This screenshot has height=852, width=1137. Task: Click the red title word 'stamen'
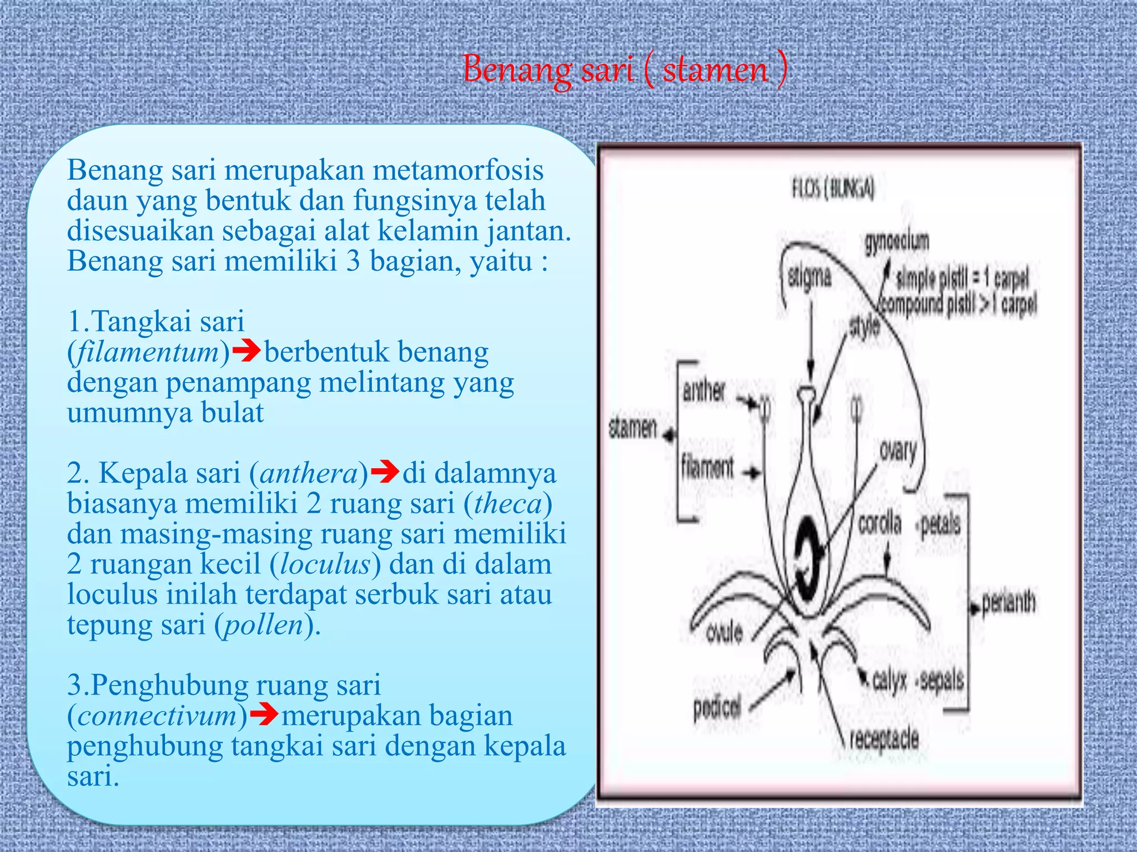pos(716,70)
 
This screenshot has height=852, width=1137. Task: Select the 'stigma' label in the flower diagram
pos(810,277)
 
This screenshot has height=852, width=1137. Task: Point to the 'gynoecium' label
pos(896,242)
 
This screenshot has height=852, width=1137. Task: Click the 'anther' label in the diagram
pos(703,392)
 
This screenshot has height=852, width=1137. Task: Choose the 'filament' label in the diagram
pos(707,467)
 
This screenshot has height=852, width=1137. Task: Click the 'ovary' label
pos(898,451)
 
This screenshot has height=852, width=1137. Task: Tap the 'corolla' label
pos(879,523)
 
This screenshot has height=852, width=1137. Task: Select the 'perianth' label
pos(1008,603)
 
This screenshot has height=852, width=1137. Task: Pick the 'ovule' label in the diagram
pos(724,632)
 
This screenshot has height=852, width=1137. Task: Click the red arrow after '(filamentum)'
pos(246,351)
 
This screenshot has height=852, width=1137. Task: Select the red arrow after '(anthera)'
pos(384,472)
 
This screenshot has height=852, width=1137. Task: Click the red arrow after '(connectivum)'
pos(264,714)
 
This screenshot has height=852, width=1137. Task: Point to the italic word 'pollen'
pos(263,625)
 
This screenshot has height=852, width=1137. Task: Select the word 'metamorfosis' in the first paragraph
pos(457,170)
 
